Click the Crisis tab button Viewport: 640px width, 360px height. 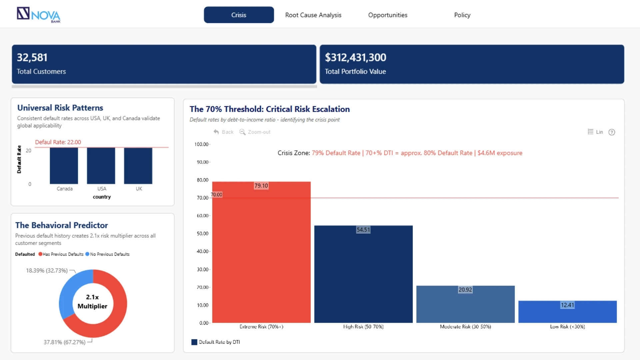(239, 15)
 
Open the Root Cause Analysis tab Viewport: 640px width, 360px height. (313, 15)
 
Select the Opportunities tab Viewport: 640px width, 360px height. (388, 15)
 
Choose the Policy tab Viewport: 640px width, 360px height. (462, 15)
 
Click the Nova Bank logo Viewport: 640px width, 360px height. (39, 15)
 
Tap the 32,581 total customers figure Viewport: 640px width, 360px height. (32, 57)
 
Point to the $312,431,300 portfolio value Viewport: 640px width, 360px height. (355, 57)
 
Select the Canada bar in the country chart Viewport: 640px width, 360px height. (64, 166)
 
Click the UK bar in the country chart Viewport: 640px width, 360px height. (138, 166)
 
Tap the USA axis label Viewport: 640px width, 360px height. (102, 189)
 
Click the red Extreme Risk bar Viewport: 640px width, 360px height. (261, 252)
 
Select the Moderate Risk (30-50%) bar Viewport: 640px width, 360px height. (465, 304)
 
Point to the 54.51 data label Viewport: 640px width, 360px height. (363, 230)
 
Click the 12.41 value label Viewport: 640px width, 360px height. (567, 305)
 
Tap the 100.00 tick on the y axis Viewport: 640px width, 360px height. (201, 144)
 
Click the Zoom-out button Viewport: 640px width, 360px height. (255, 132)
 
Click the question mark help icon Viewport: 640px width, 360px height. (612, 132)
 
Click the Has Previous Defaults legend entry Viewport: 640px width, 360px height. (61, 254)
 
